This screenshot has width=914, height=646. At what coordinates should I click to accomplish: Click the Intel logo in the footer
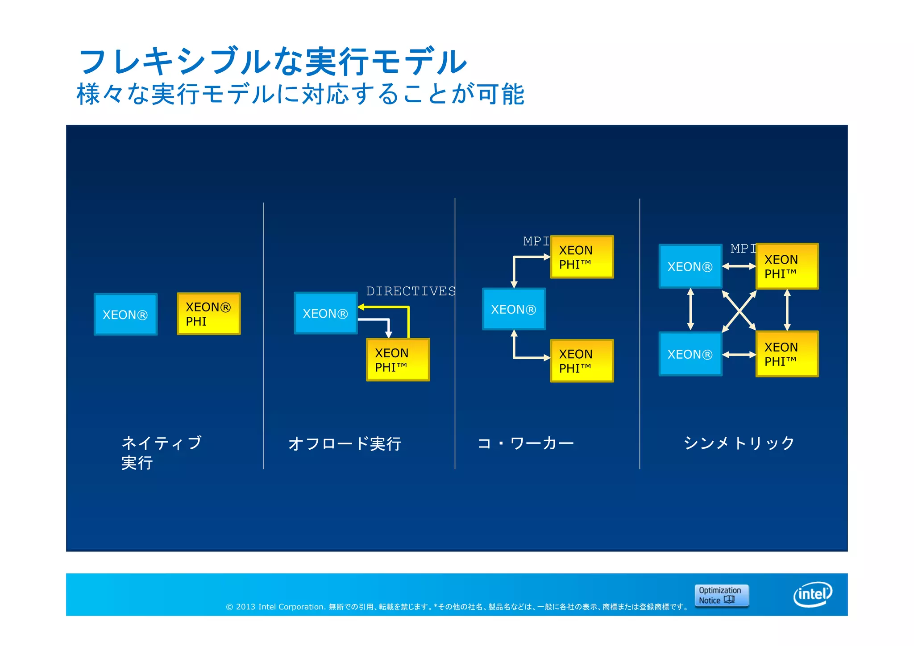(812, 594)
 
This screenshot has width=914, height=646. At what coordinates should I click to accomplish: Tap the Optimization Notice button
(721, 595)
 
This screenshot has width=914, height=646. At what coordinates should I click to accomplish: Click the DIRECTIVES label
(411, 291)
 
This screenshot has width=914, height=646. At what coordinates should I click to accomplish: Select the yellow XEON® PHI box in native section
(208, 314)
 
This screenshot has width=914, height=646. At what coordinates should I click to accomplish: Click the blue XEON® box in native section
(125, 315)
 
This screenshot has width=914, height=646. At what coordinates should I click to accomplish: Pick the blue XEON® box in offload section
(325, 313)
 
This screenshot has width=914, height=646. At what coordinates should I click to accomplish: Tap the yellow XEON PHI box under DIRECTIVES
(398, 360)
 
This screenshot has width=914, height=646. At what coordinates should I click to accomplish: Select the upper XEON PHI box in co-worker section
(582, 257)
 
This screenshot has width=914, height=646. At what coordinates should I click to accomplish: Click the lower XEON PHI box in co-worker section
(582, 360)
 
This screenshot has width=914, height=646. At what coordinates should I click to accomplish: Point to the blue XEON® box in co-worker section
(514, 309)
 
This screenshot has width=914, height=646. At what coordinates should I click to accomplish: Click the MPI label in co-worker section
(536, 241)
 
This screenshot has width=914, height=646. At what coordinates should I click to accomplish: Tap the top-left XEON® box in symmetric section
(690, 266)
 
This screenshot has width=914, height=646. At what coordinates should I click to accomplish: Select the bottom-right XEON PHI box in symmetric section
(787, 354)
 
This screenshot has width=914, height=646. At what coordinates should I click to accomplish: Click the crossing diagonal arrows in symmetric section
(739, 311)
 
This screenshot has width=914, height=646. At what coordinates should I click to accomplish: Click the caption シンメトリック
(739, 443)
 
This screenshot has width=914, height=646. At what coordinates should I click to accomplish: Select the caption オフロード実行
(345, 444)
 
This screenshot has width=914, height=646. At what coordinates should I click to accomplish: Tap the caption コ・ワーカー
(526, 443)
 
